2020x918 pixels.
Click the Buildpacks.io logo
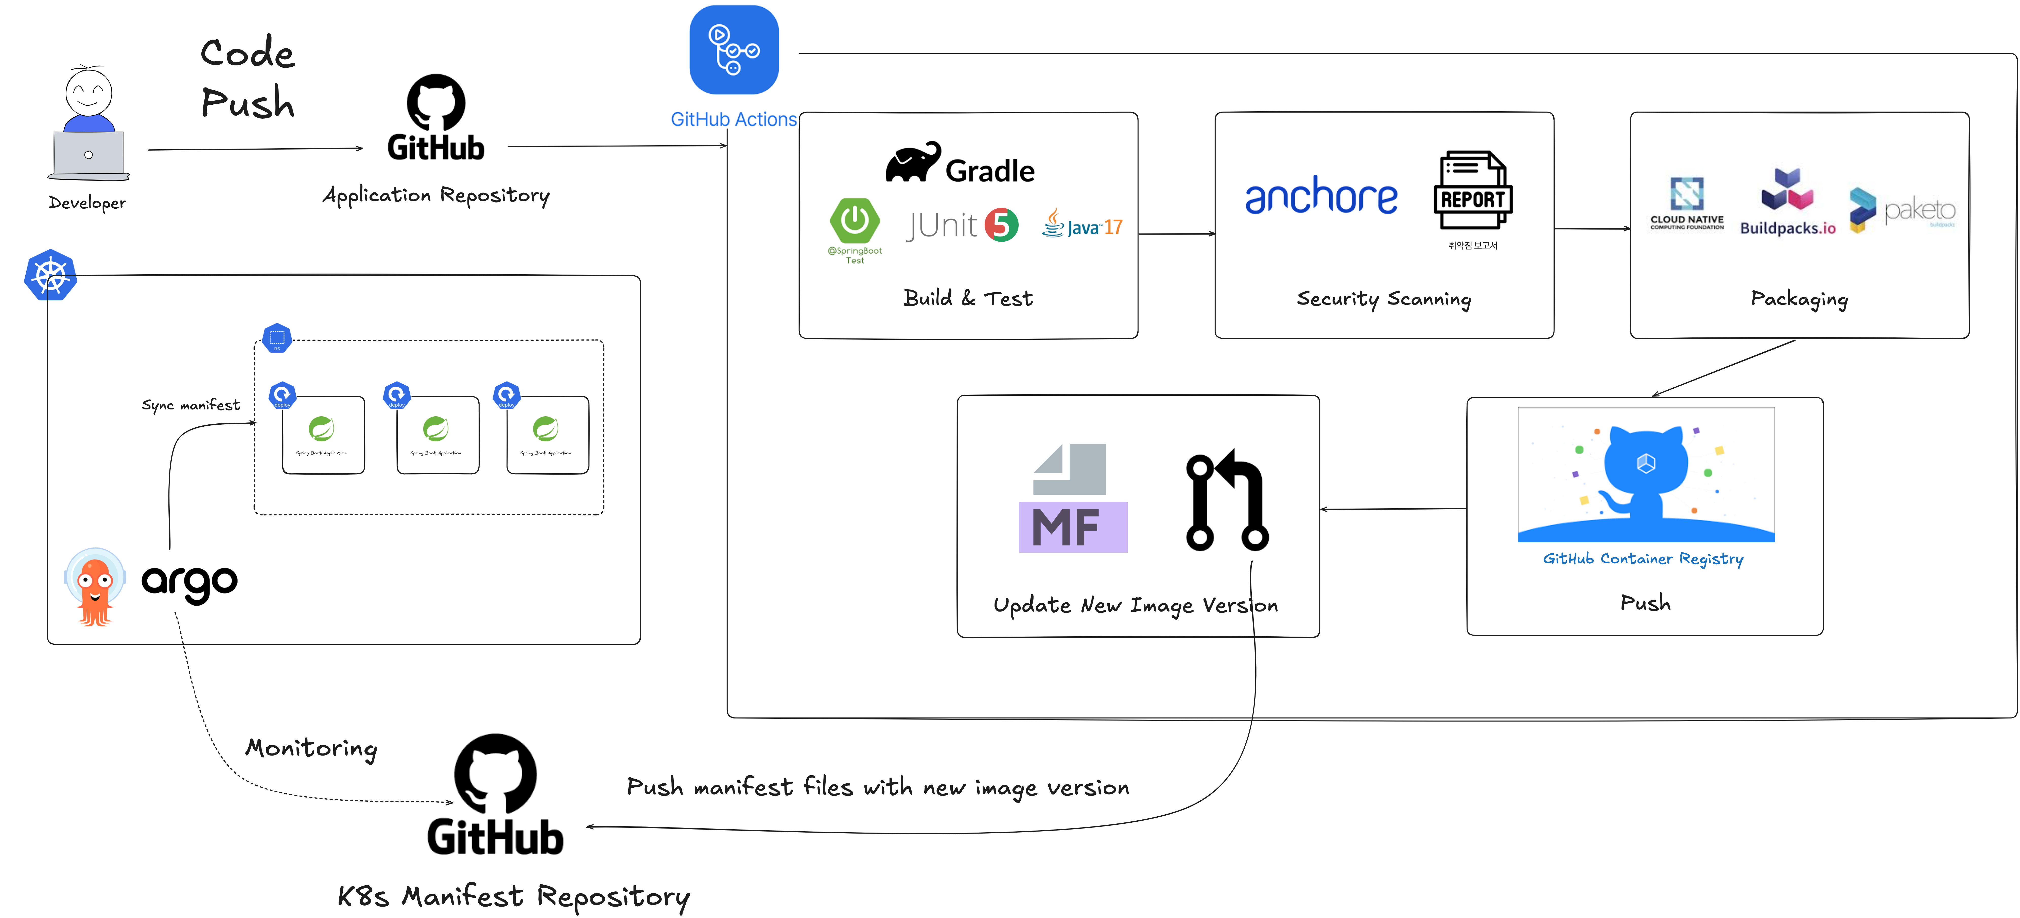(1787, 202)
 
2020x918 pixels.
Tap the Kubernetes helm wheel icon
(50, 275)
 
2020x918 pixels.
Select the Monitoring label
(311, 748)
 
